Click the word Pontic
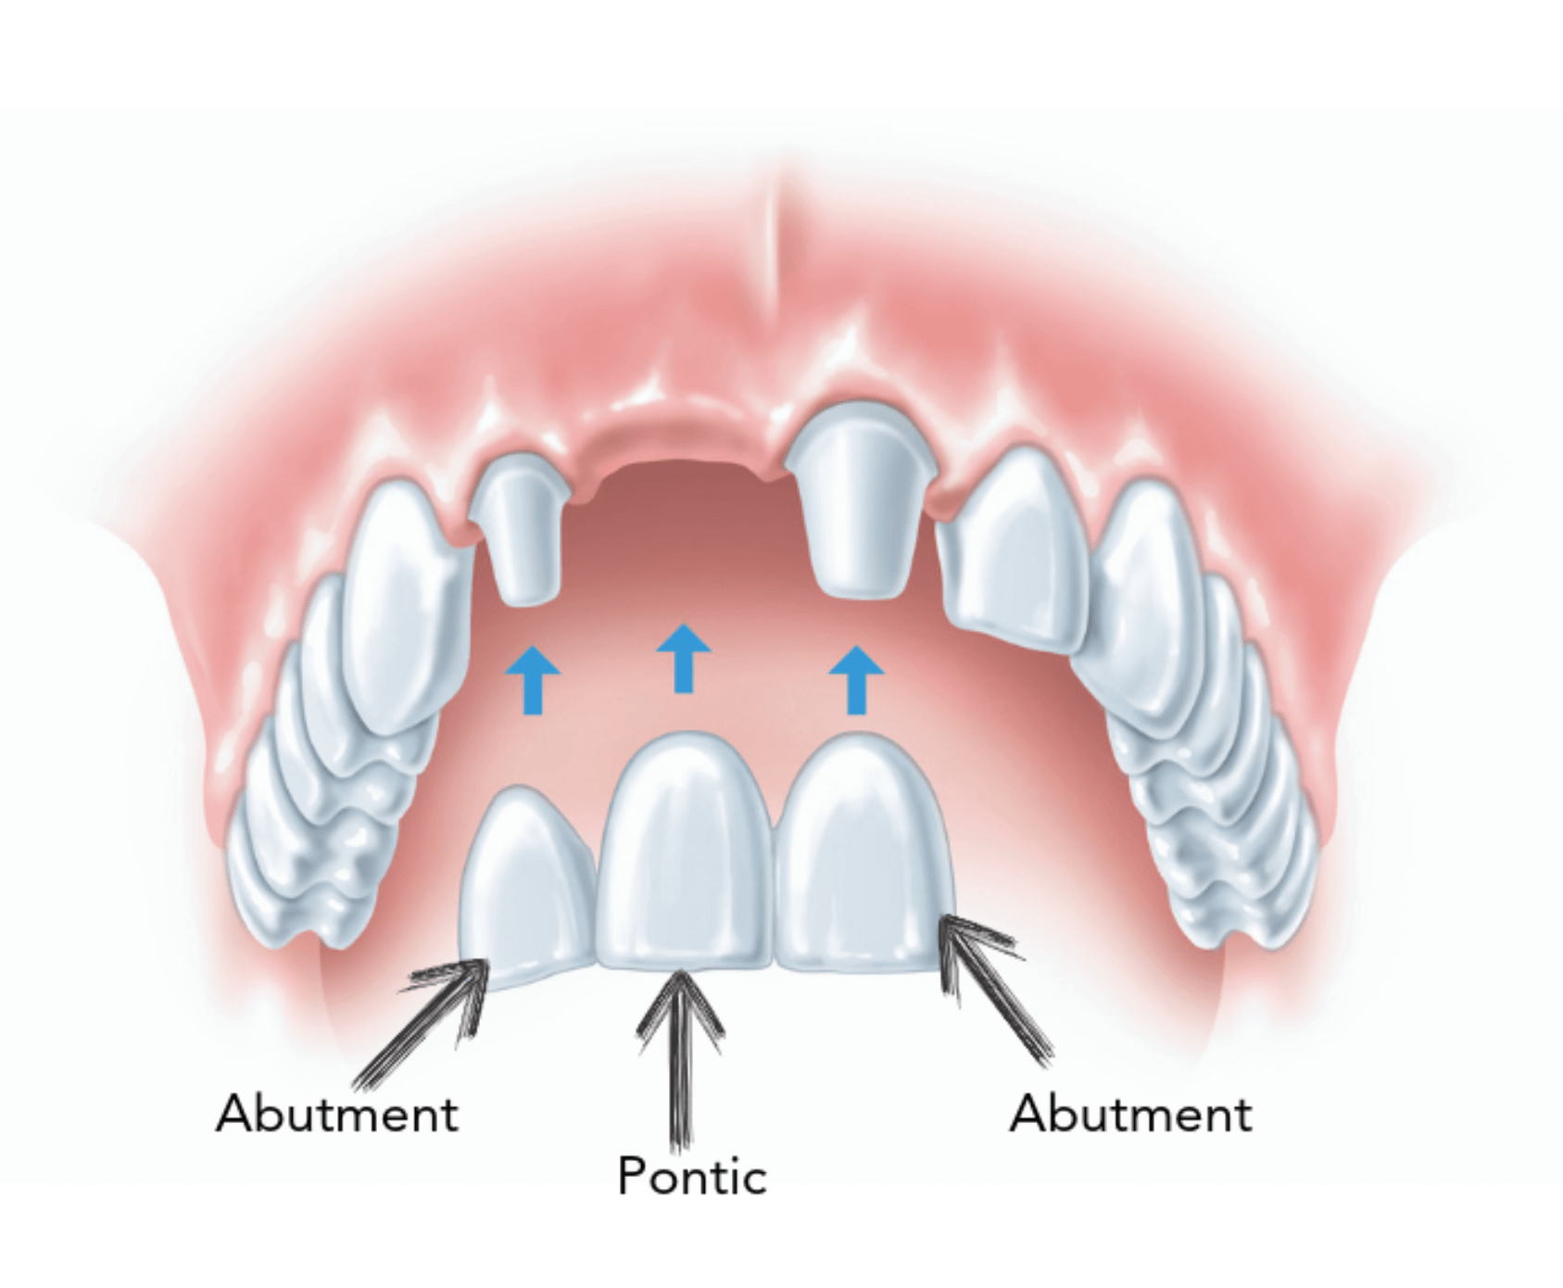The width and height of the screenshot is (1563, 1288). pos(692,1176)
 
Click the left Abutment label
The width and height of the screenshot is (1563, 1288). pos(337,1113)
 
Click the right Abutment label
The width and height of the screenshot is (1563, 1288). pos(1130,1113)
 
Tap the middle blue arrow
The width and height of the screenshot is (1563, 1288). pos(684,658)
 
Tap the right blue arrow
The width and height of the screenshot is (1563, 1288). pos(856,680)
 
